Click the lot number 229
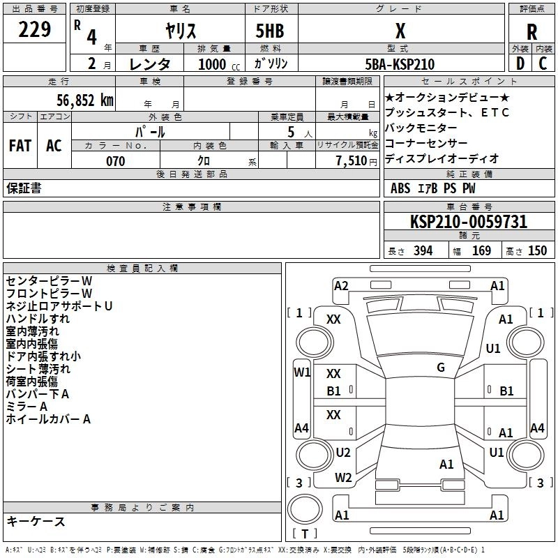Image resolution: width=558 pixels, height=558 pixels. tap(35, 30)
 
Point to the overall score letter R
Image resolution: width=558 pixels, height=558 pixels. tap(532, 31)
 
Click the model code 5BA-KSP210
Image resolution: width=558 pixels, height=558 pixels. tap(399, 64)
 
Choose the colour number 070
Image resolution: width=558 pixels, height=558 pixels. tap(115, 161)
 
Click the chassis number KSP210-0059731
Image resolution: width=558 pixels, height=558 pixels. tap(469, 222)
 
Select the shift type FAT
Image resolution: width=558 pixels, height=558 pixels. tap(20, 146)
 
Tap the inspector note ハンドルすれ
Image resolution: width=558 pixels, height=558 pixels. tap(38, 319)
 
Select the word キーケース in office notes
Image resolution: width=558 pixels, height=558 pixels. tap(36, 521)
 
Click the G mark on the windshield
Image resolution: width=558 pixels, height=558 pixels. tap(441, 368)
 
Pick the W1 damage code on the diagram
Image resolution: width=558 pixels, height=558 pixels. tap(301, 372)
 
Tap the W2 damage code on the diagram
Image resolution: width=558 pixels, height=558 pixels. tap(343, 478)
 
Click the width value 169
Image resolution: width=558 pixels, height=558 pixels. tap(481, 250)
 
